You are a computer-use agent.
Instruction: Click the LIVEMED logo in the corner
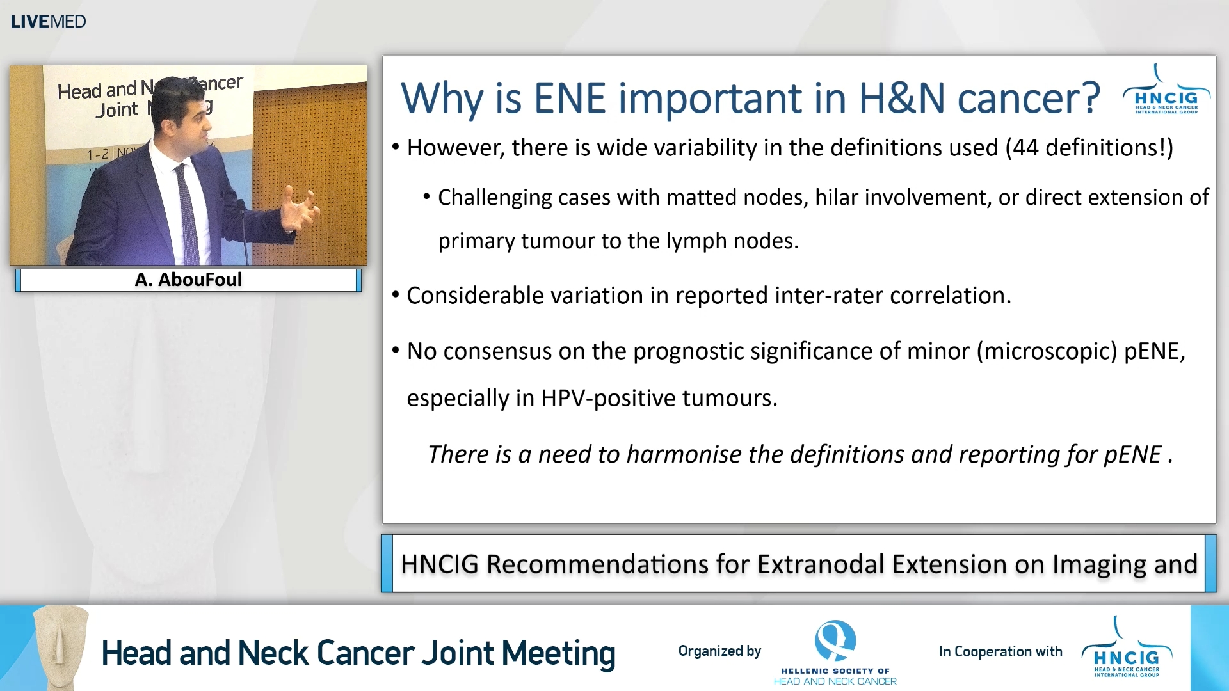pos(48,21)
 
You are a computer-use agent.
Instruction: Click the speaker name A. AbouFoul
pos(188,280)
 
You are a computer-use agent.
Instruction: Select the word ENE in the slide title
pos(569,99)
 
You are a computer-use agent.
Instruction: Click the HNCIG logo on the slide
pos(1166,93)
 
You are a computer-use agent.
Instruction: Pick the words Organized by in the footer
pos(719,651)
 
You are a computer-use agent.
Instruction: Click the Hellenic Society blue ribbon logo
pos(835,640)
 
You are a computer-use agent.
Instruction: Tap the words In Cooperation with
pos(1000,651)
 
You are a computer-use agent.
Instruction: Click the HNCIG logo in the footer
pos(1127,649)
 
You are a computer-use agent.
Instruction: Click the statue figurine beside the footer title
pos(61,646)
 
